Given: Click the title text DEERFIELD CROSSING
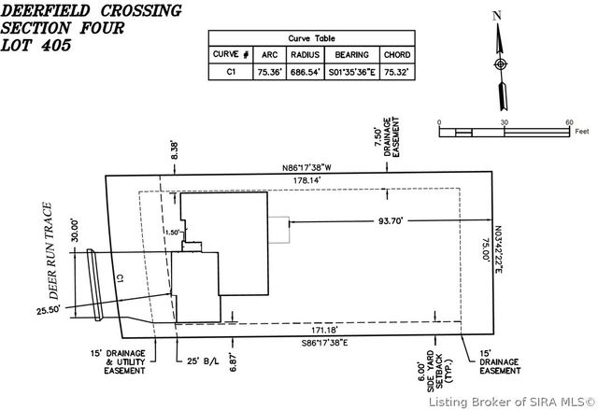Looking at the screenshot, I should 91,11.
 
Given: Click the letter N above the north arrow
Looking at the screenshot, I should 498,15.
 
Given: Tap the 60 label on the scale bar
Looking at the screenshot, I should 568,123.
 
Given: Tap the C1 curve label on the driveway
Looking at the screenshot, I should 120,277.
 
